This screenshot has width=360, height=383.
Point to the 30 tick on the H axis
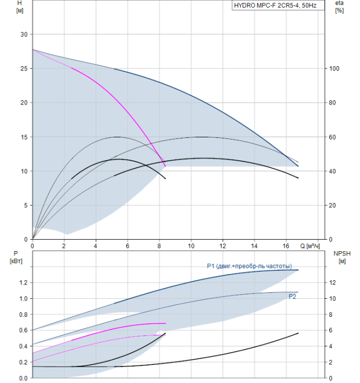[x=23, y=34]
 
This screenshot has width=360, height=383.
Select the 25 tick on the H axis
[x=23, y=68]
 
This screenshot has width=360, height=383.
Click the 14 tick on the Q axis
[x=254, y=246]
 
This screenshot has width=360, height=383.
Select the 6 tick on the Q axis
[x=127, y=246]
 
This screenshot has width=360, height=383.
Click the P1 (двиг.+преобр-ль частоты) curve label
[x=253, y=266]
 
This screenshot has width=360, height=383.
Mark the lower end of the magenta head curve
[x=165, y=166]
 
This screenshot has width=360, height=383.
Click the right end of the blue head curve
[x=298, y=166]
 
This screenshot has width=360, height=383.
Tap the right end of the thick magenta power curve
[x=165, y=323]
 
